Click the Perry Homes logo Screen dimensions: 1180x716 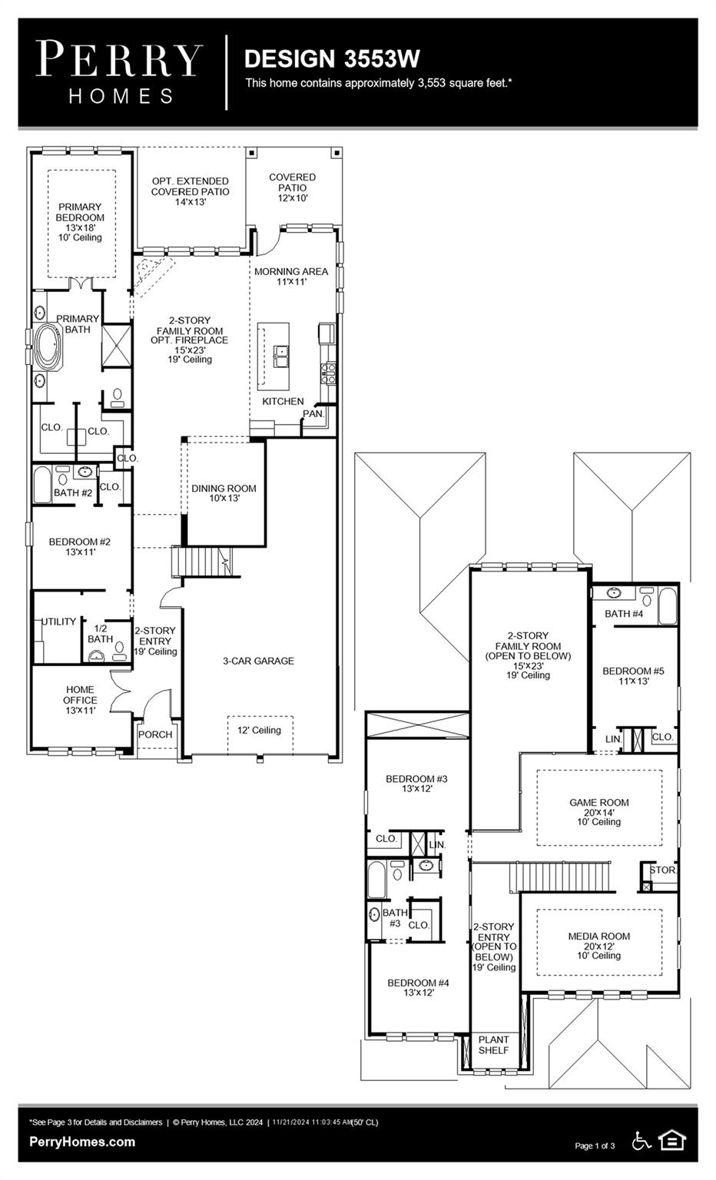tap(119, 72)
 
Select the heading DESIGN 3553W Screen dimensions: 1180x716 tap(332, 58)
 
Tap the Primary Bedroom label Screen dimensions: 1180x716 tap(80, 221)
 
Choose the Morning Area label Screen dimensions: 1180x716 tap(291, 277)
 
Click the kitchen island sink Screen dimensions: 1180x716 tap(282, 356)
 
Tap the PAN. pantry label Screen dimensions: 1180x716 tap(313, 413)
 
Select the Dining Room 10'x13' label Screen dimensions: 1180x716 tap(224, 493)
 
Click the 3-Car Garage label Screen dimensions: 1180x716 tap(258, 661)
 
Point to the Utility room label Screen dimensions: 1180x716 tap(59, 621)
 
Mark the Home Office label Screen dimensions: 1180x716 tap(80, 700)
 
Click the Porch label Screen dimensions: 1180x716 tap(155, 734)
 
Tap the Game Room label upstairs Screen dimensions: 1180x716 tap(599, 811)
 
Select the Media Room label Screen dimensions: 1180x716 tap(599, 946)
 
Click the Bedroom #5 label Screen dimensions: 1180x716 tap(633, 675)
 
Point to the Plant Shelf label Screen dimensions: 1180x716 tap(493, 1045)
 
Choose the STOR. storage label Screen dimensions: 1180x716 tap(663, 870)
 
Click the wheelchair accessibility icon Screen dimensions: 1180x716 tap(641, 1141)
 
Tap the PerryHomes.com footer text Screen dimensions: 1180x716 tap(82, 1142)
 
